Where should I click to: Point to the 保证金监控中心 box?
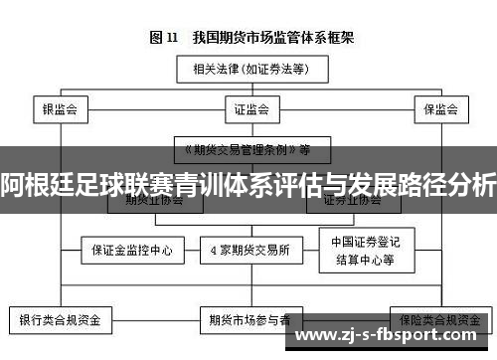point(131,251)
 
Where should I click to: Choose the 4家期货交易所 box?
point(249,251)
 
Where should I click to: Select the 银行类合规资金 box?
point(61,321)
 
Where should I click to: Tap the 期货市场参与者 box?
point(249,321)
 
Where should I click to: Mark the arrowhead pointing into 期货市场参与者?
point(249,305)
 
